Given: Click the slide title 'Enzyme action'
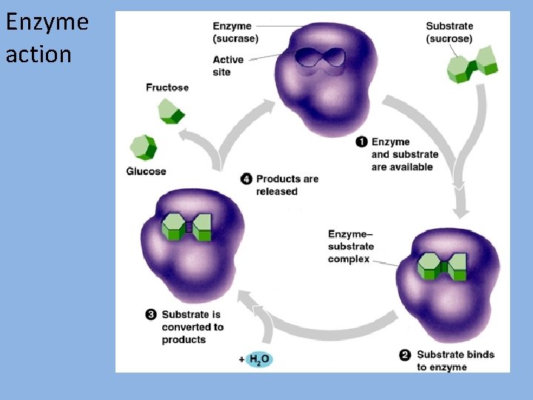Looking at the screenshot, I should (x=47, y=37).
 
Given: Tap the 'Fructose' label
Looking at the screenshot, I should (x=167, y=87).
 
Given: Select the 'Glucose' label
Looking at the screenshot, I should (x=146, y=171).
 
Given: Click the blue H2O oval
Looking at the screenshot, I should (x=258, y=359).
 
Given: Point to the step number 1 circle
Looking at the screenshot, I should (x=361, y=142).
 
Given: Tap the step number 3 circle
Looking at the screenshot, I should (x=151, y=315).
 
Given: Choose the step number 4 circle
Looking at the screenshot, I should (x=247, y=179).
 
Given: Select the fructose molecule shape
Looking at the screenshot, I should (x=170, y=112).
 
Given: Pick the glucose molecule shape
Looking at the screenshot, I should (x=142, y=147).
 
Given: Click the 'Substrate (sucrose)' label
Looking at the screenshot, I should (x=449, y=32).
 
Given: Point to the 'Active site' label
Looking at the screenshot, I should (x=228, y=66).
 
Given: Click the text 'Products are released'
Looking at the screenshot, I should (x=287, y=185).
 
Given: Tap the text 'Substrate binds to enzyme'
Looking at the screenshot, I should (x=455, y=361).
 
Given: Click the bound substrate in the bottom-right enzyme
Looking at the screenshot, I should (x=442, y=266).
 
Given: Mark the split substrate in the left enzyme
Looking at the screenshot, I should (x=187, y=227).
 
